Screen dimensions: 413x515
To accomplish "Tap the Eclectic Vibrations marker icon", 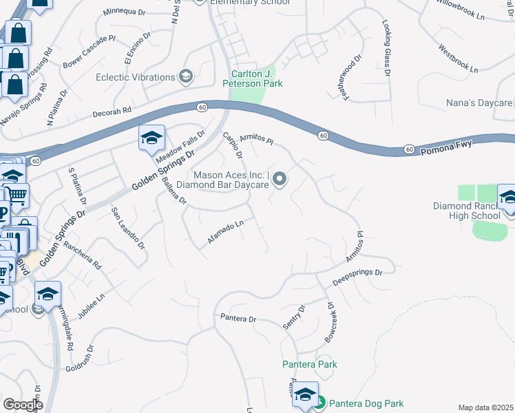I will (x=185, y=76).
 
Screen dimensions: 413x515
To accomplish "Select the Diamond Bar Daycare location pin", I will (x=280, y=180).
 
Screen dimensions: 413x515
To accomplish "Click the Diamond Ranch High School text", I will (x=466, y=211).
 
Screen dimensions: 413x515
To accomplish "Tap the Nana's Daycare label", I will (x=479, y=103).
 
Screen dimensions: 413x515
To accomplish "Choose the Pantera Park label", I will (x=309, y=363).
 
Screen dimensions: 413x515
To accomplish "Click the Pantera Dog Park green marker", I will (x=319, y=403).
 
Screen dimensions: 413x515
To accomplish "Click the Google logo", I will (x=23, y=405).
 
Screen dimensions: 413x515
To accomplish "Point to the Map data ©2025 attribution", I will (x=485, y=407).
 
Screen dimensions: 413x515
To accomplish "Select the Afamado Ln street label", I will (x=226, y=232).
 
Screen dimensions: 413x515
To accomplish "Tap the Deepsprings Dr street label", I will (x=357, y=277).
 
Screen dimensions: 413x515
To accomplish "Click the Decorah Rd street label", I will (x=112, y=112).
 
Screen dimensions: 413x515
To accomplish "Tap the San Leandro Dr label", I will (x=128, y=228).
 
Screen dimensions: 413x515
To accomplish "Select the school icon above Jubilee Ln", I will (x=48, y=294).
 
